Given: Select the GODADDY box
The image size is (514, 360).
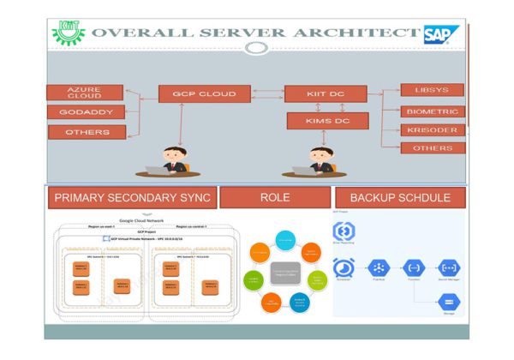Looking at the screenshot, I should [85, 112].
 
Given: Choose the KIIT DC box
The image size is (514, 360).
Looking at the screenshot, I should [325, 93].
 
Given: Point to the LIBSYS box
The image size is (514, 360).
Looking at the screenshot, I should [433, 90].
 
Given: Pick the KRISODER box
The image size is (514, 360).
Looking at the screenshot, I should [433, 129].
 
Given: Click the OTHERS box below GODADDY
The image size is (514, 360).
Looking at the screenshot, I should [85, 132].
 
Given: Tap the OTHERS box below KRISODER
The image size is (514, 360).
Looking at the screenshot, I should [433, 148].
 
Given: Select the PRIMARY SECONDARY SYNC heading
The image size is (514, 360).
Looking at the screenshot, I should [129, 197].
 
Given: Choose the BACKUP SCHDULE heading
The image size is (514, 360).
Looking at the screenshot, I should [400, 197].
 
